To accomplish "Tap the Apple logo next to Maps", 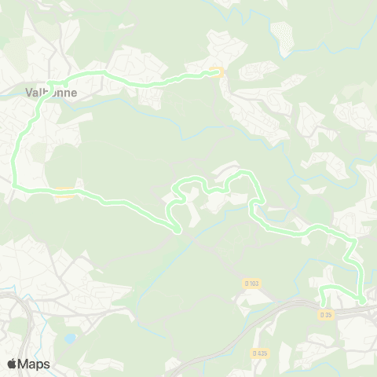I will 13,364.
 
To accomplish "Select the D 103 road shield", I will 251,284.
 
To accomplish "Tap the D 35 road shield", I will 327,314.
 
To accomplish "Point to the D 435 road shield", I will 260,353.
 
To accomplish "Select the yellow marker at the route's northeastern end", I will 217,73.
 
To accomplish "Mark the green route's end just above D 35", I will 322,303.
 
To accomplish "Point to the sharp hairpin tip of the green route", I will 180,231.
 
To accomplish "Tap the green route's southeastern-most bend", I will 363,300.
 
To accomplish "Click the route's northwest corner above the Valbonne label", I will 49,81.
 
